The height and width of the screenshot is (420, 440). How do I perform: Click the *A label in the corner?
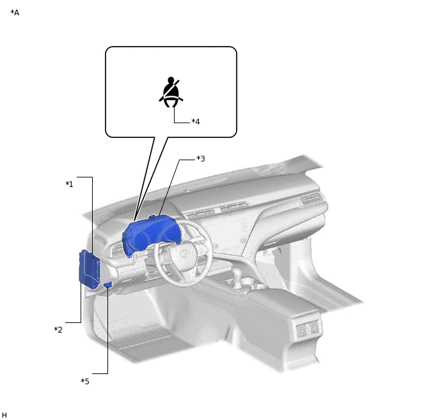pyautogui.click(x=15, y=13)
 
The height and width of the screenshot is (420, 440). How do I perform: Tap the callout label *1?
pyautogui.click(x=69, y=184)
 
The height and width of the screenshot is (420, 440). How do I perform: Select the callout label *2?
pyautogui.click(x=58, y=329)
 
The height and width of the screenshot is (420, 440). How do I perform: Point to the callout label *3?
pyautogui.click(x=201, y=158)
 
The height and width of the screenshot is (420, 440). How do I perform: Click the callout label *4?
pyautogui.click(x=196, y=121)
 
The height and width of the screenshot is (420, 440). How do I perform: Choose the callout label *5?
pyautogui.click(x=85, y=381)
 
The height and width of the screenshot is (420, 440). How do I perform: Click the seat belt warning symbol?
pyautogui.click(x=171, y=92)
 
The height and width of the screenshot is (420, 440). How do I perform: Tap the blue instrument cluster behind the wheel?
pyautogui.click(x=150, y=234)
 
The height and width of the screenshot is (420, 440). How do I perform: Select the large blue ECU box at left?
pyautogui.click(x=90, y=269)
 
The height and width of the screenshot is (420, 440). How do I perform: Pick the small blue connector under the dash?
pyautogui.click(x=108, y=285)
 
